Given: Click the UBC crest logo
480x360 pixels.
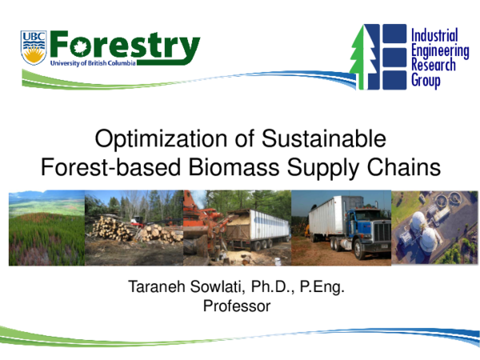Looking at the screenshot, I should coord(34,48).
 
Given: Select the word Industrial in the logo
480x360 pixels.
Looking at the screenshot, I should coord(434,35).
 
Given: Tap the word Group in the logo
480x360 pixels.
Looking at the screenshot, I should coord(426,80).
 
